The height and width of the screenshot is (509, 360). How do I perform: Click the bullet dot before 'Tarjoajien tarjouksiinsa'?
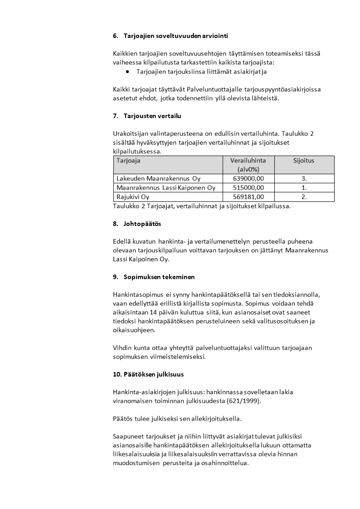tap(127, 71)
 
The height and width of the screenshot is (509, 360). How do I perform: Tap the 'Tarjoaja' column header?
tap(128, 161)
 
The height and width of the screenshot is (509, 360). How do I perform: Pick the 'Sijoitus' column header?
tap(304, 161)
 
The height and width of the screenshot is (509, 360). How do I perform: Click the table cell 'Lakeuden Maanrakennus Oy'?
tap(158, 178)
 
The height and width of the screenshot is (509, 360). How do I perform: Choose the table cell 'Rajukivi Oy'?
tap(133, 197)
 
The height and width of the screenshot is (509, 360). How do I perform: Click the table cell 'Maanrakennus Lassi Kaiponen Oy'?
tap(166, 187)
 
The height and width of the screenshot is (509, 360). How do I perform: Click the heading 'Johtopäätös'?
tap(142, 224)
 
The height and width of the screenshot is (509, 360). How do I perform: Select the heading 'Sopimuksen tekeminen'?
tap(159, 277)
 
